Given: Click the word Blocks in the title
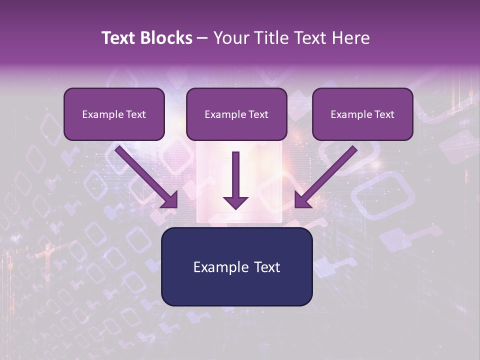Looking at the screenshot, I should (x=165, y=38).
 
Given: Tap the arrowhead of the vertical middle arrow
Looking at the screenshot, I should (x=235, y=202).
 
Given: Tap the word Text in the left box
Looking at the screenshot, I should (x=135, y=114).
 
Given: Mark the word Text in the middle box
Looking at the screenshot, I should (x=258, y=114).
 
